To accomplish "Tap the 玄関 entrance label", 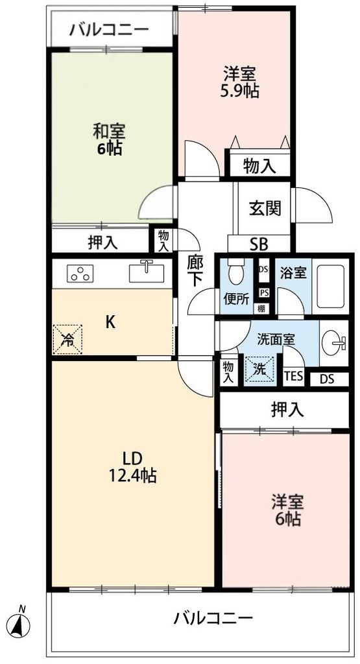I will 265,209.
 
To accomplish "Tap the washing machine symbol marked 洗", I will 258,371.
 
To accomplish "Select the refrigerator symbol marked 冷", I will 67,338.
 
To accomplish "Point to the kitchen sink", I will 147,272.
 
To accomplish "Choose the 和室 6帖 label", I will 108,139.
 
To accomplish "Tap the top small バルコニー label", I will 110,30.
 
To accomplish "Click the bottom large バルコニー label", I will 213,618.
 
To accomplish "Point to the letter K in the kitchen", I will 111,322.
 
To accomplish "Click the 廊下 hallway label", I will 195,272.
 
